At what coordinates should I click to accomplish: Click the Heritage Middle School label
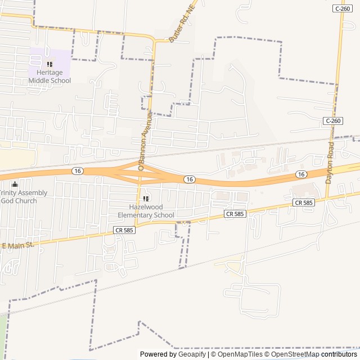[49, 76]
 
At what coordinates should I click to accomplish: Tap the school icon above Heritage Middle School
[49, 65]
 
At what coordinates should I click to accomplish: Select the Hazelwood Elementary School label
[146, 211]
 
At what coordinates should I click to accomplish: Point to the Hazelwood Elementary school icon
[146, 199]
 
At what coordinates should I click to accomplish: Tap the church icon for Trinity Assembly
[15, 184]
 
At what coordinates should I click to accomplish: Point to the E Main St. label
[19, 245]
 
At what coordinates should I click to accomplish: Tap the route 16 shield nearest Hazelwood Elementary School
[190, 179]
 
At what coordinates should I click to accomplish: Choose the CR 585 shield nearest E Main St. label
[124, 230]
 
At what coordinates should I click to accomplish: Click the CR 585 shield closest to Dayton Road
[303, 202]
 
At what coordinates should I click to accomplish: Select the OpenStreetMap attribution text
[295, 354]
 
